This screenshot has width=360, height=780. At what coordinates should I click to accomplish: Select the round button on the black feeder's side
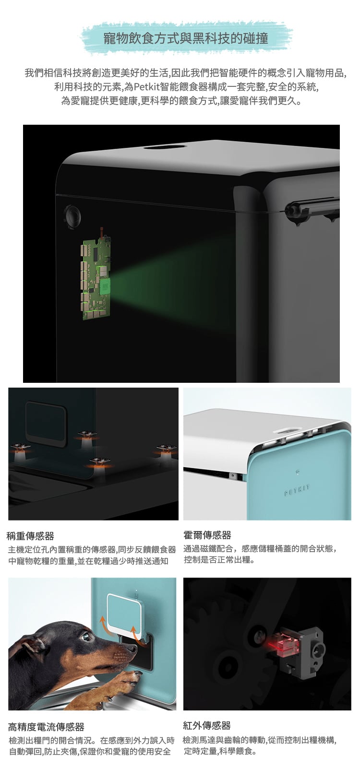72,216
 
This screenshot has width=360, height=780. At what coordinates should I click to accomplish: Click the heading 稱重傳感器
30,536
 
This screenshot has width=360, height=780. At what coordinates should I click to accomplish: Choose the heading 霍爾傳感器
207,535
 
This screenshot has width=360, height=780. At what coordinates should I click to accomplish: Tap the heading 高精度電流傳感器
47,727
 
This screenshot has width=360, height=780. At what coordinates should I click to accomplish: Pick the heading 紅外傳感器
207,726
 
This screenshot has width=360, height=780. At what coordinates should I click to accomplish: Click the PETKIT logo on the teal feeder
297,490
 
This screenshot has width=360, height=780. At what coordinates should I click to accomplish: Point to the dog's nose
132,648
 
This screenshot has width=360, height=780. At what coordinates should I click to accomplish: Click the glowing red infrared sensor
283,647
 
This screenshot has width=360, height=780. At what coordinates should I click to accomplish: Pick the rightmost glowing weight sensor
167,449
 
